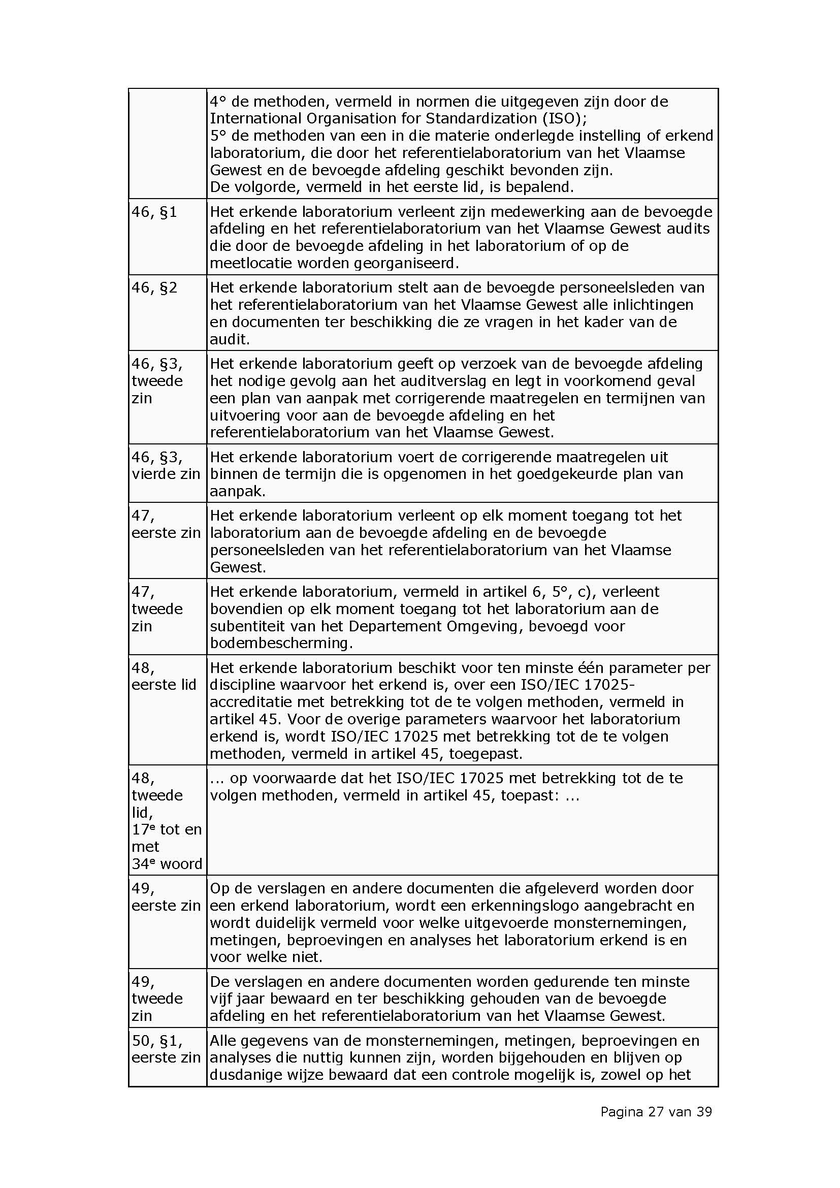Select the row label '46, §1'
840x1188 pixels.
(x=154, y=212)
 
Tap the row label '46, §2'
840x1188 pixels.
(x=154, y=287)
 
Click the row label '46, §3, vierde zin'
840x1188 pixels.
(x=166, y=466)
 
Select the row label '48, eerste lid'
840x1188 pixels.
(x=164, y=676)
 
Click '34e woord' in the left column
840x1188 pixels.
(x=167, y=864)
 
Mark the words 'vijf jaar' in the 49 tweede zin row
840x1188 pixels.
(x=239, y=999)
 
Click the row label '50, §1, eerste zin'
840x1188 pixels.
(x=166, y=1049)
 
